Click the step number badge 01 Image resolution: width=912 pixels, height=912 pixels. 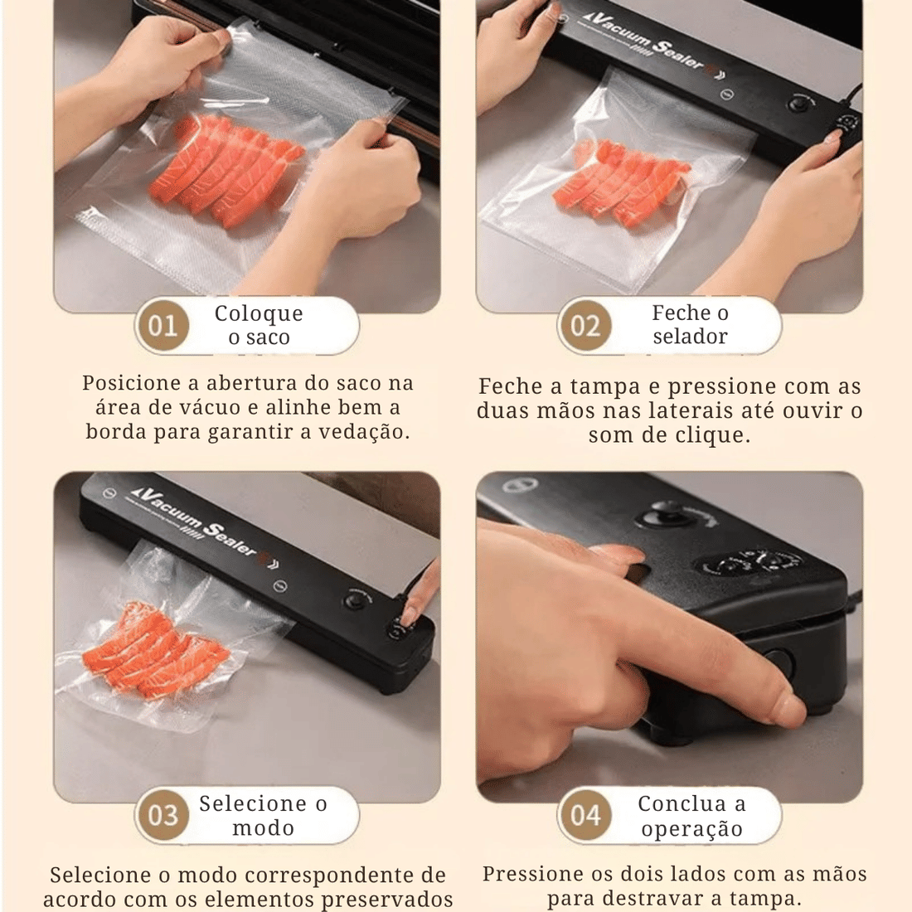click(163, 325)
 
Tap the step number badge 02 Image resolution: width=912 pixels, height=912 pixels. click(585, 325)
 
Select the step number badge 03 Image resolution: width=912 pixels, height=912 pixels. click(163, 815)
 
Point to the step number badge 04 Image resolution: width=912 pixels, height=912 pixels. click(585, 815)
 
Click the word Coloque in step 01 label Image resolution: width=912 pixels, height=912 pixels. click(259, 313)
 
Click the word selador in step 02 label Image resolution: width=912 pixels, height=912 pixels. click(690, 337)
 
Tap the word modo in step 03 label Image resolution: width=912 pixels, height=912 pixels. click(263, 827)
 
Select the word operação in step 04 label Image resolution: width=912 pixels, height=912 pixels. click(691, 828)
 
